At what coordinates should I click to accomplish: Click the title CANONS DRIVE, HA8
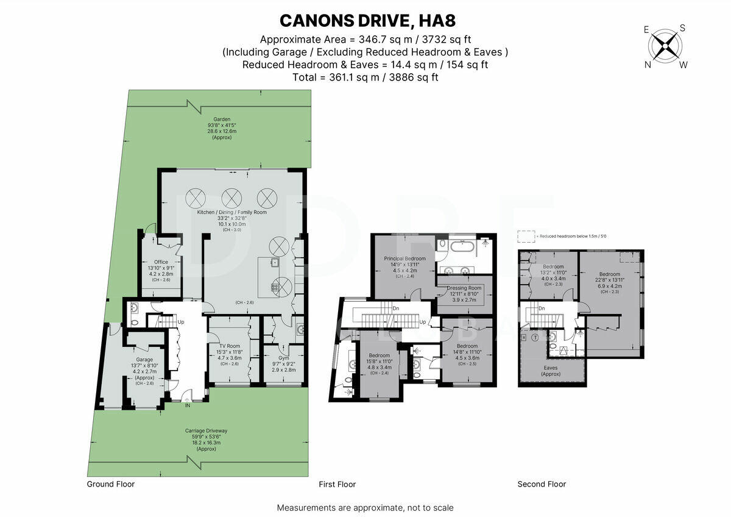click(365, 20)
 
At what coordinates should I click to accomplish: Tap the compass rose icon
click(665, 46)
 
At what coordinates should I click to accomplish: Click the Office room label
click(161, 262)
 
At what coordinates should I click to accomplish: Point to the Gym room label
click(283, 358)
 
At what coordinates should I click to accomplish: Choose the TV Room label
click(230, 345)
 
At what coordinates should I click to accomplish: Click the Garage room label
click(144, 360)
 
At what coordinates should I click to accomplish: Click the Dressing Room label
click(464, 288)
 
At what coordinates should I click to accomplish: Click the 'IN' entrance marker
click(187, 405)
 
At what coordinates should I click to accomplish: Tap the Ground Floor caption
click(110, 484)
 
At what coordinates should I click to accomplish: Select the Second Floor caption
click(542, 484)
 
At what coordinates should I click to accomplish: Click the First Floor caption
click(337, 484)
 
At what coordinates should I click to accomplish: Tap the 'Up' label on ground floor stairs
click(181, 322)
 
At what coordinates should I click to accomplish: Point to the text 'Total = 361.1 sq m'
click(365, 77)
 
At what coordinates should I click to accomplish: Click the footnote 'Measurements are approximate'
click(365, 507)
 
